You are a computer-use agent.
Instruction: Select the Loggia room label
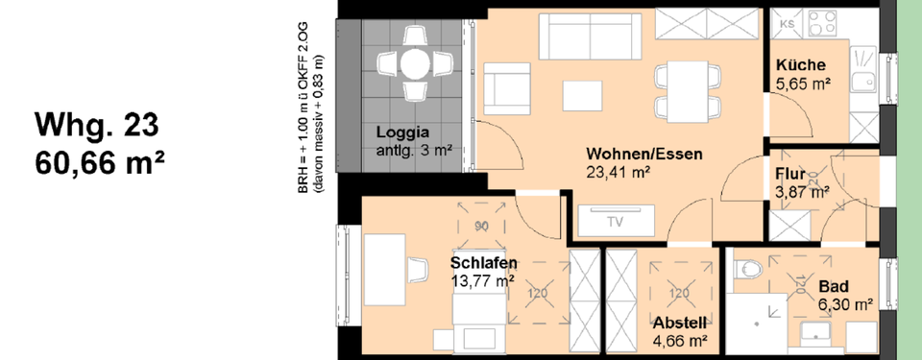coord(402,133)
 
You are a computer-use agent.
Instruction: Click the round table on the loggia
coord(415,64)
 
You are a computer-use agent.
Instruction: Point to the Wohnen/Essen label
coord(644,154)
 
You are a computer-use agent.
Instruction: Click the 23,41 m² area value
coord(619,173)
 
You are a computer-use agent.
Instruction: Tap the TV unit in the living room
coord(615,221)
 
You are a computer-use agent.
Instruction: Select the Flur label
coord(790,175)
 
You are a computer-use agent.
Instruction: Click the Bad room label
coord(833,286)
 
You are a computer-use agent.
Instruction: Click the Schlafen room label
coord(484,262)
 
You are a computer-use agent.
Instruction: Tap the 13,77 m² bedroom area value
coord(483,280)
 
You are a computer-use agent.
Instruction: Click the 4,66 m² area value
coord(681,339)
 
